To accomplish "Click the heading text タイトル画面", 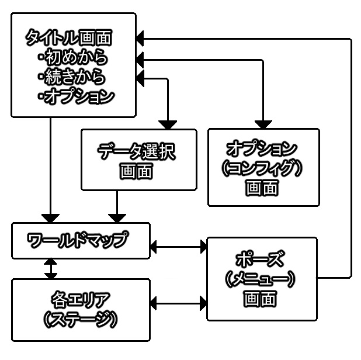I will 69,39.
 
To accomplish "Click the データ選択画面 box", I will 138,160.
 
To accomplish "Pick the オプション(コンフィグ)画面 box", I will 264,167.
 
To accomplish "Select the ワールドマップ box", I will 80,240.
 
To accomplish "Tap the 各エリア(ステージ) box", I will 80,310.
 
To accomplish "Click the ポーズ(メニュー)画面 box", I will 261,278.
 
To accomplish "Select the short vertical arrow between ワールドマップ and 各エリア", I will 51,268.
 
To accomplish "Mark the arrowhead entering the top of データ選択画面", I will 168,124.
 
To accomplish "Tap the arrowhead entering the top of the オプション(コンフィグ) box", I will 263,124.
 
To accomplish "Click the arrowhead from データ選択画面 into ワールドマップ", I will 117,217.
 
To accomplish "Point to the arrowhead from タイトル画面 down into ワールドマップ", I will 51,217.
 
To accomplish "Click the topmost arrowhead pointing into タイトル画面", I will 141,39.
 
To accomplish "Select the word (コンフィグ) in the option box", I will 264,167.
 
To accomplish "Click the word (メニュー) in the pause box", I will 261,279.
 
